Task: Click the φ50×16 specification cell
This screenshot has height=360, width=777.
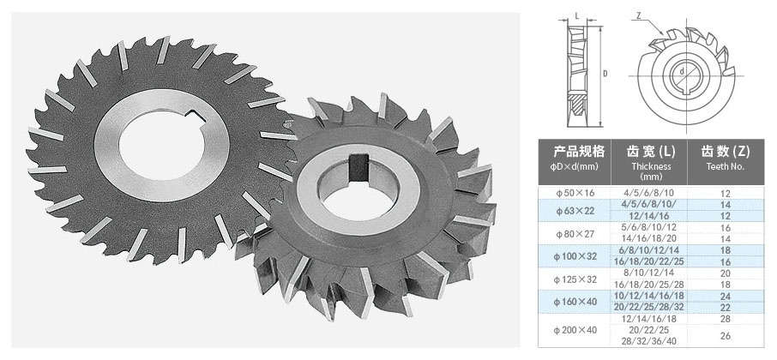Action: pos(575,193)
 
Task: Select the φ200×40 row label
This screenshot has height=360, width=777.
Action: pos(575,330)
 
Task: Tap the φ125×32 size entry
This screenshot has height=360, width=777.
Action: pos(575,279)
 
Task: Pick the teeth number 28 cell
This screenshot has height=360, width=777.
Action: pos(726,319)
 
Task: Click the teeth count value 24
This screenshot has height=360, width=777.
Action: pos(726,296)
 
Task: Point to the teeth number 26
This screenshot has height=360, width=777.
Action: pos(726,336)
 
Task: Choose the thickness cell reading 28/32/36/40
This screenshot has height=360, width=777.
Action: pos(649,341)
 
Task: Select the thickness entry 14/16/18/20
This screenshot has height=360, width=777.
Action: pos(649,238)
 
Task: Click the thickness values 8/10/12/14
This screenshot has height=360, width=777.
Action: pos(649,273)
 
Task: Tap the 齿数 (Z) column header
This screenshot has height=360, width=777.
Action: pos(726,151)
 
